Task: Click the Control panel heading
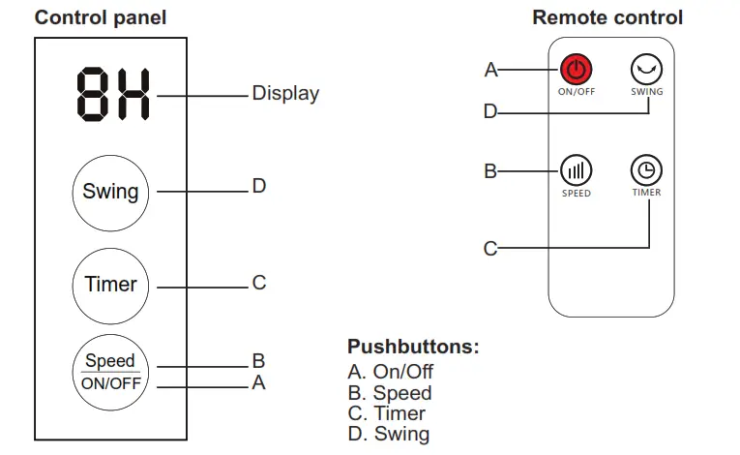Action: tap(101, 17)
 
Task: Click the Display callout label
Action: tap(285, 94)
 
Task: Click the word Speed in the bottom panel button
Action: tap(110, 361)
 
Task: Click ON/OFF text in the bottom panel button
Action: tap(110, 382)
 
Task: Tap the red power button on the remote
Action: tap(576, 70)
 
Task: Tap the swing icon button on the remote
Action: tap(646, 70)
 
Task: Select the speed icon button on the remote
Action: tap(576, 171)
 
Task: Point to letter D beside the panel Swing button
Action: tap(258, 185)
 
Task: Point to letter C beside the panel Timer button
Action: tap(258, 283)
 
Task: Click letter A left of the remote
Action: tap(490, 70)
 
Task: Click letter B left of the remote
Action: tap(490, 171)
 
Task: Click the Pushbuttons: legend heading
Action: tap(413, 348)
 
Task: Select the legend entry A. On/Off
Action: tap(390, 372)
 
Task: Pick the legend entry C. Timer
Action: tap(386, 413)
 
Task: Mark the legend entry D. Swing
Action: tap(388, 435)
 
